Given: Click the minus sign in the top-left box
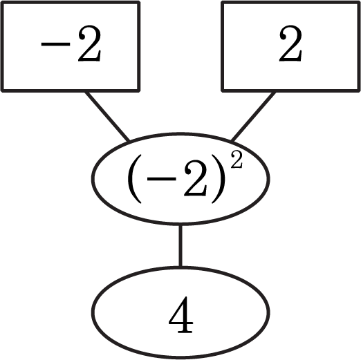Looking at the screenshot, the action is click(55, 44).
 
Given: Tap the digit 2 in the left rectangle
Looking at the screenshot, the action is click(89, 43).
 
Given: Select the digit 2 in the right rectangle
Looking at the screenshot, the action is click(290, 43).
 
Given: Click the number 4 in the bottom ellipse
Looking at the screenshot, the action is click(180, 314).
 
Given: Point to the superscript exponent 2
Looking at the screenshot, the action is click(237, 160).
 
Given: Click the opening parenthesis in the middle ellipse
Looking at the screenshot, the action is click(135, 179).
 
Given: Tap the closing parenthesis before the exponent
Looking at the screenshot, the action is click(218, 179).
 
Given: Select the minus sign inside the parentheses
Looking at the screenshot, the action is click(162, 179).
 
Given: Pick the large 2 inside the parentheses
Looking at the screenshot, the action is click(195, 178).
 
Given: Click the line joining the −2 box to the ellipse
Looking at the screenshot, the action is click(107, 116).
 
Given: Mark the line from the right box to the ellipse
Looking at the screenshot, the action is click(253, 116).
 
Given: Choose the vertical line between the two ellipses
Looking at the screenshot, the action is click(180, 246).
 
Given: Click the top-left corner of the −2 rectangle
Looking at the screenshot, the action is click(2, 2).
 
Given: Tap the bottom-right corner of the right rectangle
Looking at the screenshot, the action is click(359, 91).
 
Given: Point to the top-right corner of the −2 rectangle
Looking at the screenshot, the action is click(139, 2).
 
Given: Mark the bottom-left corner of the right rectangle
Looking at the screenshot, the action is click(223, 91).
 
